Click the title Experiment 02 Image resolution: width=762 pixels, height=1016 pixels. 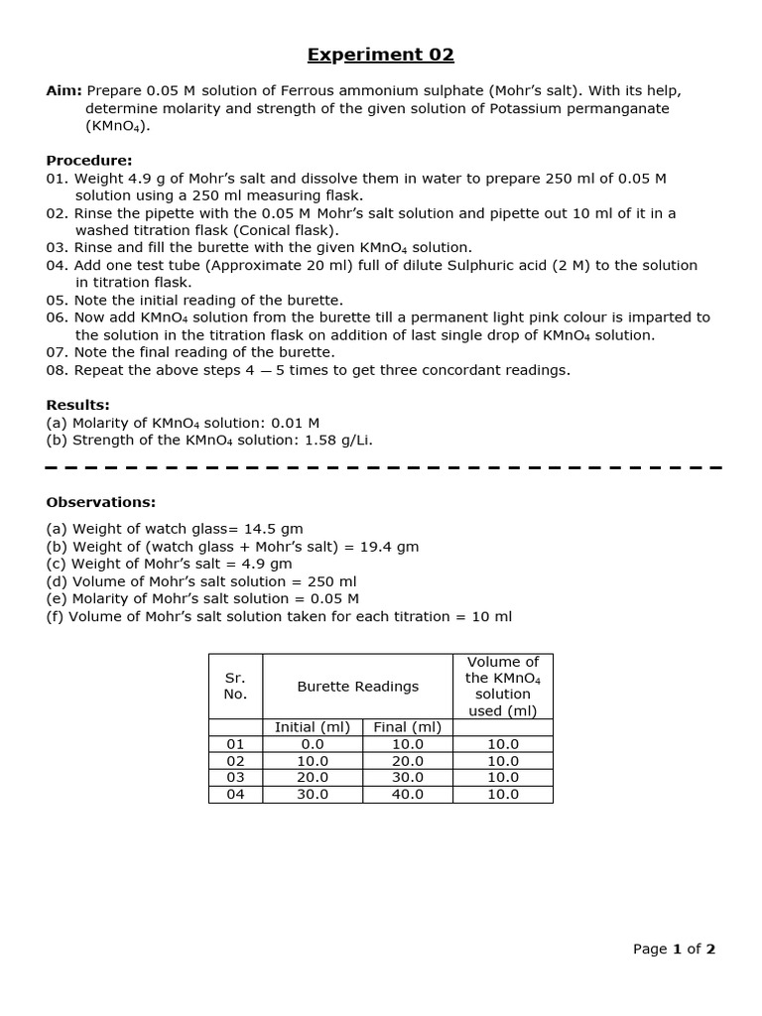(x=380, y=55)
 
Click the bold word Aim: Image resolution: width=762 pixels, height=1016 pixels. (x=64, y=90)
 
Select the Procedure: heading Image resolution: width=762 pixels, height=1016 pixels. (x=89, y=161)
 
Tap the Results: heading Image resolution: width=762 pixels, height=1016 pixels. (x=78, y=405)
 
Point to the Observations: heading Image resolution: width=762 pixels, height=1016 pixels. (x=101, y=502)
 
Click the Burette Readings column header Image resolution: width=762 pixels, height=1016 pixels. (x=357, y=687)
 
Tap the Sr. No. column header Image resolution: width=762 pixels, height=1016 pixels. (x=235, y=687)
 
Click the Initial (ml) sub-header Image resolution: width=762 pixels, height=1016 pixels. (x=313, y=727)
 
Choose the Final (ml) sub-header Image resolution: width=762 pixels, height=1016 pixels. (x=407, y=727)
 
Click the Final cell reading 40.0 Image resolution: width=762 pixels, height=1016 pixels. (x=407, y=795)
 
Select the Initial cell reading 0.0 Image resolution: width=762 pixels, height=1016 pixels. (x=313, y=744)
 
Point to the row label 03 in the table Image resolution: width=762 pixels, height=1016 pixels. (x=235, y=778)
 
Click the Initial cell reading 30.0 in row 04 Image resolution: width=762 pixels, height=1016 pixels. (x=313, y=795)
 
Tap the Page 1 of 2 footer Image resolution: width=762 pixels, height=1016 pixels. (x=674, y=949)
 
